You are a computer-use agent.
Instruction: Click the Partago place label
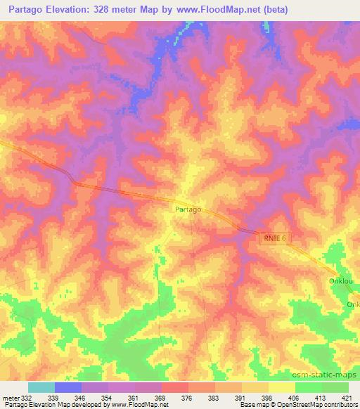tap(188, 209)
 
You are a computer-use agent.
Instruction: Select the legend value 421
tap(347, 398)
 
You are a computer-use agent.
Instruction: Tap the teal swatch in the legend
tap(41, 387)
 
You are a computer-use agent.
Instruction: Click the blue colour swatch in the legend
tap(68, 387)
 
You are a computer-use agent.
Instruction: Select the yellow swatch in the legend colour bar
tap(282, 387)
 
